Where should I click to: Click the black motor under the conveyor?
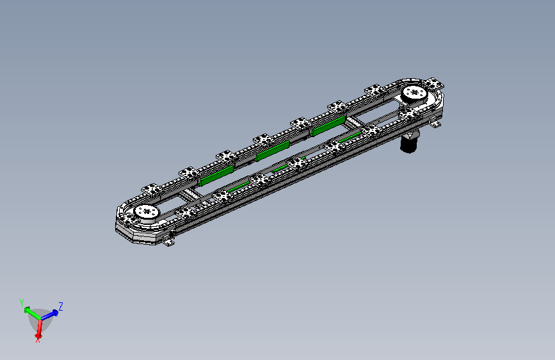pos(409,143)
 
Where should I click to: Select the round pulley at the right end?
pos(415,94)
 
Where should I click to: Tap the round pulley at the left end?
pos(147,213)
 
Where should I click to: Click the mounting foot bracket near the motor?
pos(435,124)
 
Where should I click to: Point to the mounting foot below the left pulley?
pos(168,242)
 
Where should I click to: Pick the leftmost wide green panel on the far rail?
pos(216,176)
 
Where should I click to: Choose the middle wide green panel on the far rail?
pos(273,151)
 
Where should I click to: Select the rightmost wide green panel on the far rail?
pos(328,126)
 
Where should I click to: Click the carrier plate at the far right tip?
pos(433,85)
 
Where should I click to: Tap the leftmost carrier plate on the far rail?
pos(152,189)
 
